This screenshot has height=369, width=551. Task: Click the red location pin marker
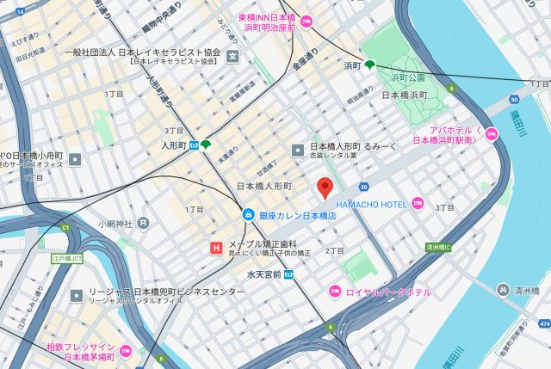coord(325,187)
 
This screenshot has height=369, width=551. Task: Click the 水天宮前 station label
coord(265,274)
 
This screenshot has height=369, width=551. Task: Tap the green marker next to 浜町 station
coord(370,65)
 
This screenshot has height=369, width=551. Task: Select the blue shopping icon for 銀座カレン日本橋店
coord(247,214)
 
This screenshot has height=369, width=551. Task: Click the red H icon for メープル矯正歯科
coord(215,249)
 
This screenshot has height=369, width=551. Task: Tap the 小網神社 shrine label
coord(115,224)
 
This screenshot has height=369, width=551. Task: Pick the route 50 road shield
coord(365,187)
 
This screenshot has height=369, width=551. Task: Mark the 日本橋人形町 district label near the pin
coord(264,186)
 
